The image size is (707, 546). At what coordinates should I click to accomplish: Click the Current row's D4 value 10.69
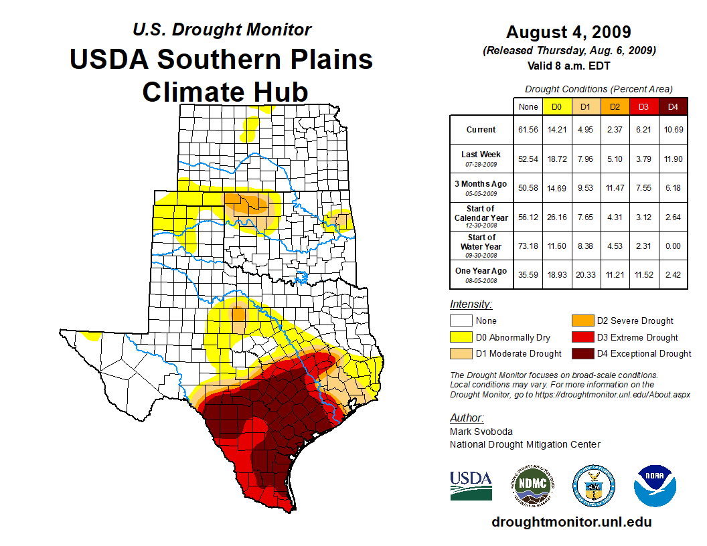click(673, 130)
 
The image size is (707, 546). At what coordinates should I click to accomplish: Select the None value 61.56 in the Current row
click(528, 130)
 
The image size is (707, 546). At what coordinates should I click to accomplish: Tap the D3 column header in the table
click(643, 107)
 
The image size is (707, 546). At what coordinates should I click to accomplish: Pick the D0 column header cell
click(556, 107)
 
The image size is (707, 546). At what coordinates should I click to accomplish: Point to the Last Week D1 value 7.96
click(585, 159)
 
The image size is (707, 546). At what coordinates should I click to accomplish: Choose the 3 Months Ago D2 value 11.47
click(615, 188)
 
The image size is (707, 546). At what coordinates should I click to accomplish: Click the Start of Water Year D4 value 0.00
click(673, 246)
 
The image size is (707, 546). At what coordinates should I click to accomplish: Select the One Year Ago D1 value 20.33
click(585, 274)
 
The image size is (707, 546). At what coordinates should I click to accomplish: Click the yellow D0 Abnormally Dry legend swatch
click(461, 337)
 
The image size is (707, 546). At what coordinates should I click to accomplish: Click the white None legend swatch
click(461, 321)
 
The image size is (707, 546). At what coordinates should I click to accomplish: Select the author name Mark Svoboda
click(481, 432)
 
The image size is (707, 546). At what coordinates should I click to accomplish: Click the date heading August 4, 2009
click(568, 32)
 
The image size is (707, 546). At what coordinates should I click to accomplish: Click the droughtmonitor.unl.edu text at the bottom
click(571, 522)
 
